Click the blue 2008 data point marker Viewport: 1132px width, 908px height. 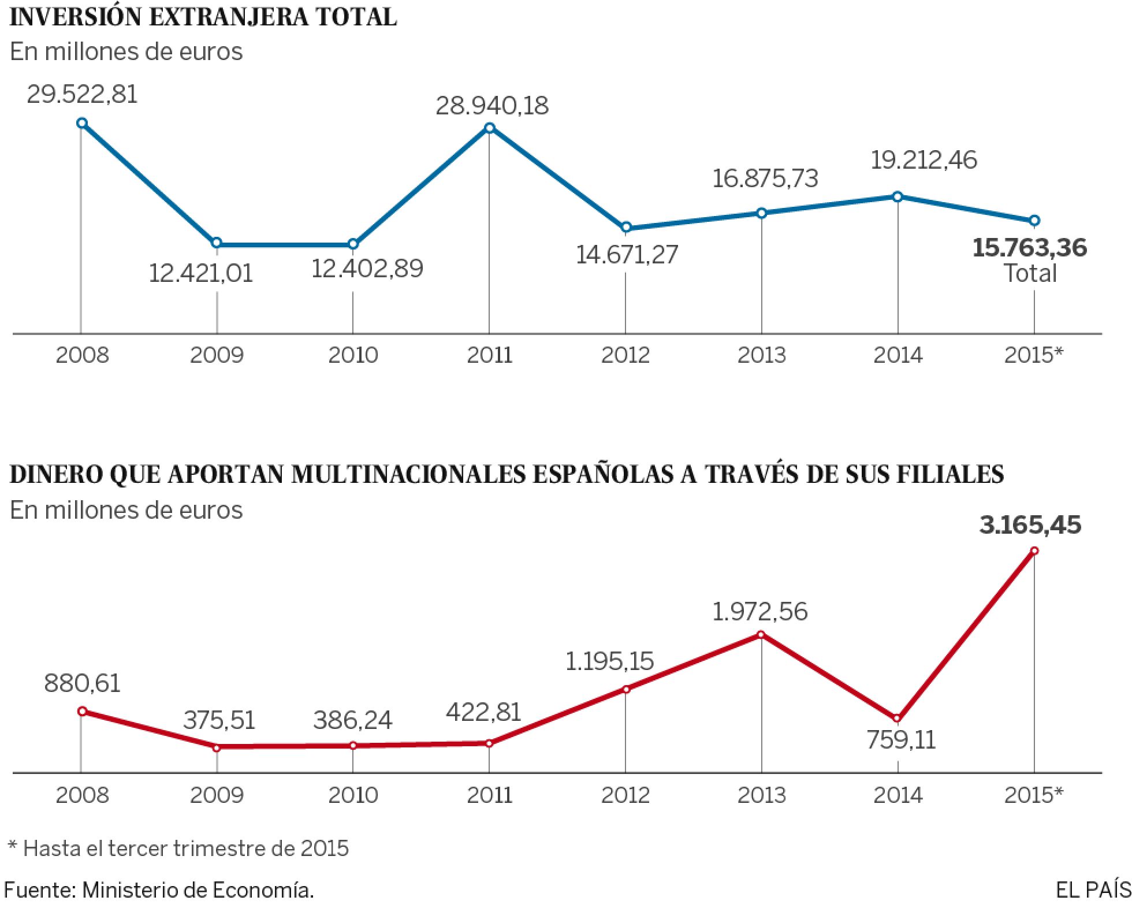pyautogui.click(x=82, y=122)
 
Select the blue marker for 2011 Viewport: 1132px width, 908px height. pyautogui.click(x=489, y=128)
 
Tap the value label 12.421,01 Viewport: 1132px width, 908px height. pyautogui.click(x=201, y=273)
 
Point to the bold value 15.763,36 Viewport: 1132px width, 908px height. pyautogui.click(x=1029, y=248)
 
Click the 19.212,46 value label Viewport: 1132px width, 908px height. pyautogui.click(x=924, y=160)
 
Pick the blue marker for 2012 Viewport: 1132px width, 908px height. pyautogui.click(x=626, y=227)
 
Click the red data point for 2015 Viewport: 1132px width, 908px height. pyautogui.click(x=1034, y=550)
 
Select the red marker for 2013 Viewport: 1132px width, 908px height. pyautogui.click(x=761, y=634)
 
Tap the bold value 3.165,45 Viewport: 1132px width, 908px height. pyautogui.click(x=1030, y=525)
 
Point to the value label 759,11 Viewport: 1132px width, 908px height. pyautogui.click(x=901, y=740)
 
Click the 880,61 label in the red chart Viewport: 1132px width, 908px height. pyautogui.click(x=82, y=683)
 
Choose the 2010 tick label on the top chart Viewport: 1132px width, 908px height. pyautogui.click(x=353, y=355)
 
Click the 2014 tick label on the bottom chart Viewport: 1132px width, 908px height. pyautogui.click(x=898, y=795)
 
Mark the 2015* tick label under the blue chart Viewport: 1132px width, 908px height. pyautogui.click(x=1033, y=355)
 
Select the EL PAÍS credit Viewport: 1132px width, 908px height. pyautogui.click(x=1093, y=890)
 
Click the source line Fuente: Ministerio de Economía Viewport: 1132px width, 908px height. pyautogui.click(x=159, y=890)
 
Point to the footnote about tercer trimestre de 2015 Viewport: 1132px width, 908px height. pyautogui.click(x=178, y=849)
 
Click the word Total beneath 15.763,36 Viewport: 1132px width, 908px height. pyautogui.click(x=1030, y=273)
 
